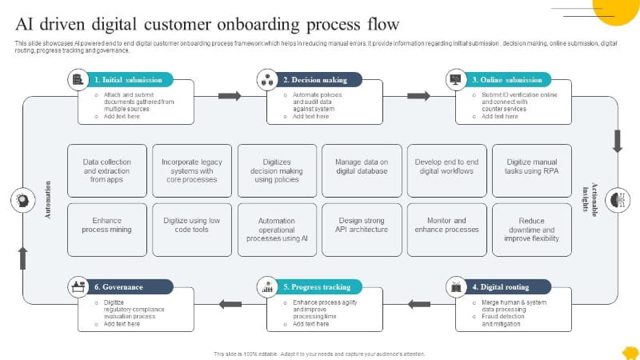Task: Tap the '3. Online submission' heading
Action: coord(507,80)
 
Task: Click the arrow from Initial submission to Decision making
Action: coord(230,96)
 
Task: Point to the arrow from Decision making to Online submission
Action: coord(418,96)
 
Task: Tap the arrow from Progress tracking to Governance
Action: coord(230,304)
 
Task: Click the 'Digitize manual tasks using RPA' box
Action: coord(531,170)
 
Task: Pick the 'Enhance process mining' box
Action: coord(106,229)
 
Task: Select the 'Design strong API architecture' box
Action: coord(362,229)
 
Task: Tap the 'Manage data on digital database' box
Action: coord(362,170)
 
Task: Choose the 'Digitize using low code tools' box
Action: coord(192,229)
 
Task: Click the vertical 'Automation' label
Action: coord(47,200)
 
